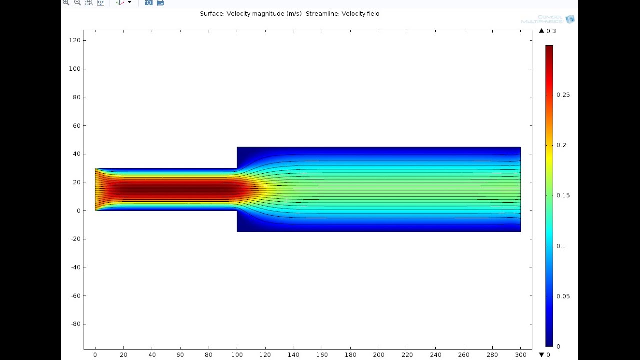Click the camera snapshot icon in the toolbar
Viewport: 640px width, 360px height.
click(x=148, y=3)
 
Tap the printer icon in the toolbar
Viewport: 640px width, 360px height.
click(x=160, y=3)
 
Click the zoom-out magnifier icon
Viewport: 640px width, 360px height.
click(x=77, y=3)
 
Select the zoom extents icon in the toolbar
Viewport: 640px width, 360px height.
click(x=100, y=3)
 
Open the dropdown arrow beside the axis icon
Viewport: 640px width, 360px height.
click(x=130, y=3)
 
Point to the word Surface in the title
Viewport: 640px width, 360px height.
click(x=212, y=14)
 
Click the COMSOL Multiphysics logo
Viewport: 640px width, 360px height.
click(x=548, y=20)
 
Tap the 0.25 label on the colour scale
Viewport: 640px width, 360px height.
click(x=563, y=95)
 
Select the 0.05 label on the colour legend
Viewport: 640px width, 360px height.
click(x=563, y=296)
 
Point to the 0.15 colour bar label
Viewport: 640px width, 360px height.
click(x=563, y=195)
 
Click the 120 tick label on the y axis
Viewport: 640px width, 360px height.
click(x=75, y=40)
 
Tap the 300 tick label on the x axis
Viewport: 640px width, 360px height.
click(x=520, y=355)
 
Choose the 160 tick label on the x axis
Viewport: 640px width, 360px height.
click(x=322, y=355)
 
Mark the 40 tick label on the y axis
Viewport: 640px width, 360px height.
click(x=77, y=154)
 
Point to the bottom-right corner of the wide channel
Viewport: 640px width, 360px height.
click(x=520, y=232)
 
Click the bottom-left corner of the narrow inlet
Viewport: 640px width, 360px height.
click(x=95, y=210)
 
